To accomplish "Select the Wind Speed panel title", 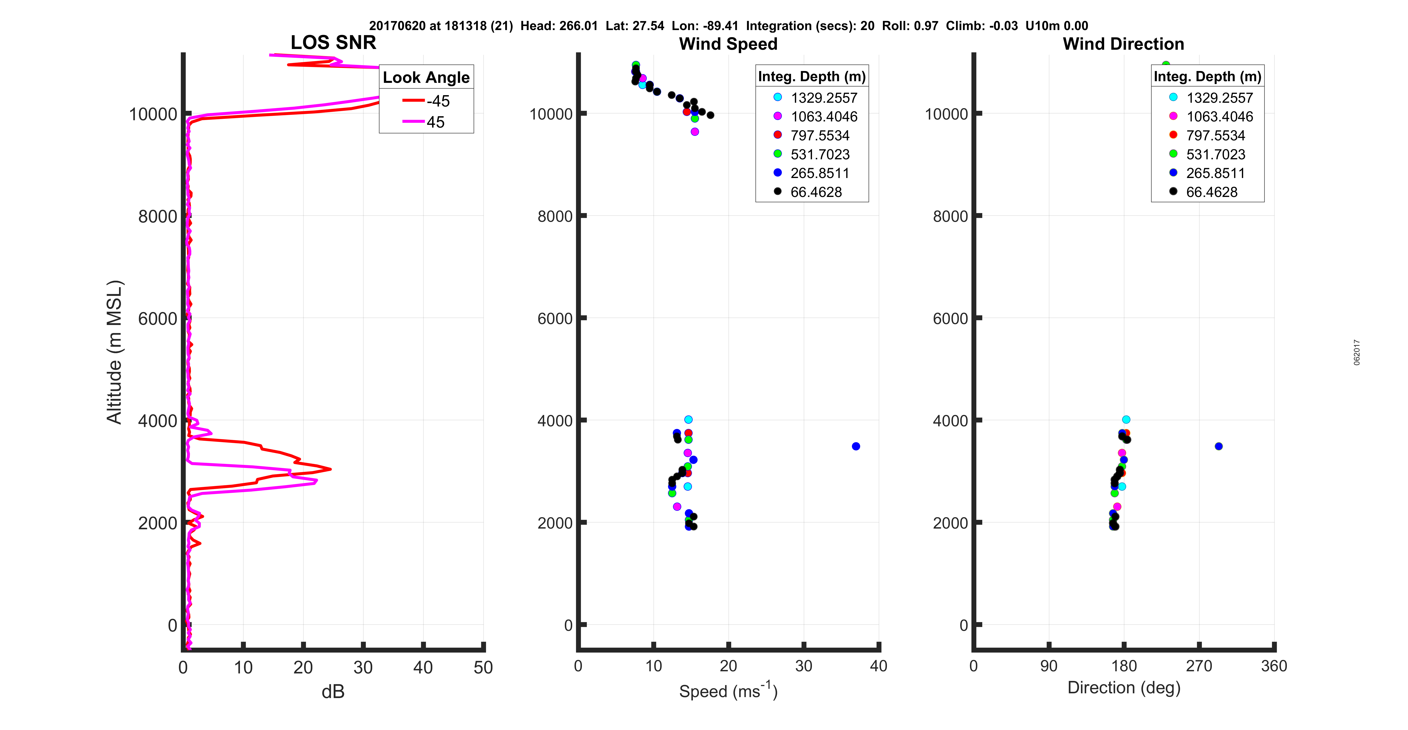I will (x=728, y=44).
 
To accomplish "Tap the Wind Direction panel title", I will (x=1123, y=44).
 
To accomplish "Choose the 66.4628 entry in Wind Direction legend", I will (x=1211, y=192).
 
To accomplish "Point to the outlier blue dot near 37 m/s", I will (x=856, y=446).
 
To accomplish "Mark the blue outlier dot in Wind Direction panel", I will (x=1218, y=446).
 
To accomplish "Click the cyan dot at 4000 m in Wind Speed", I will (x=688, y=419).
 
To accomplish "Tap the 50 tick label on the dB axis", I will (x=483, y=667).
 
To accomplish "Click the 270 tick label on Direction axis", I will (x=1199, y=666).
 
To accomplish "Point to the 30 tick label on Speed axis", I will (x=803, y=666).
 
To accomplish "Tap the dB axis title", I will (x=333, y=692).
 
